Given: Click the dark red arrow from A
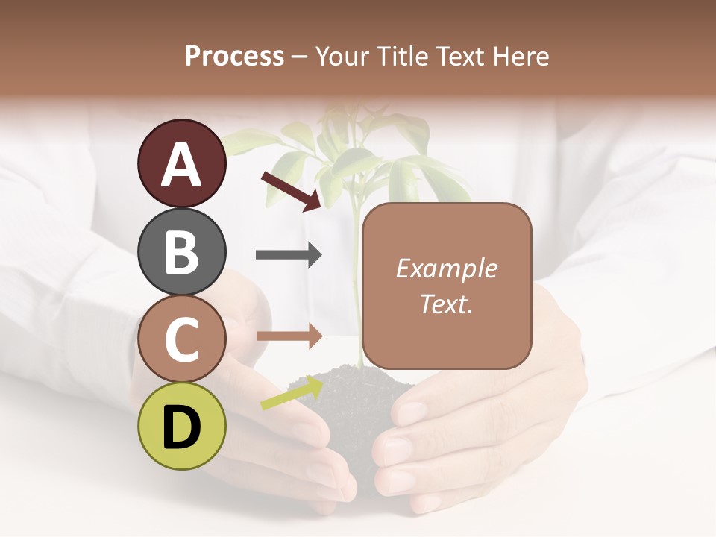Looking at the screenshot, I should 291,191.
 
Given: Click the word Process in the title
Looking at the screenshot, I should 234,57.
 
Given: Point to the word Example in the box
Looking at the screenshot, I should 446,268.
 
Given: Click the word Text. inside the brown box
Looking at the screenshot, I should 446,304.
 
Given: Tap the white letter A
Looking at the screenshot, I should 181,165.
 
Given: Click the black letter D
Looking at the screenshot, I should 181,427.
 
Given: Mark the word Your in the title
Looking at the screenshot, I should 342,57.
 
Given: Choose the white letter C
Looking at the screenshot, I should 181,340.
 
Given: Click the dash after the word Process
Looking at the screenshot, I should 300,57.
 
